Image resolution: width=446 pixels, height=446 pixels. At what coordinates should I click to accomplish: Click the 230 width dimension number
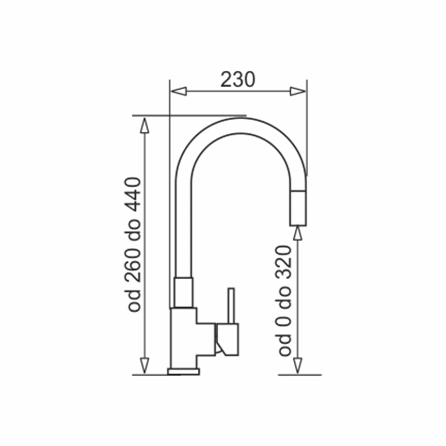(238, 80)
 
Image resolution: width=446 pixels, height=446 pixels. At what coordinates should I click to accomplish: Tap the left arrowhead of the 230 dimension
(178, 91)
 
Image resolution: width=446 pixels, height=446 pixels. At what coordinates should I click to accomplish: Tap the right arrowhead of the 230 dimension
(298, 91)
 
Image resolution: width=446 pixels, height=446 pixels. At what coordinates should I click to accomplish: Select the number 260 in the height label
(133, 263)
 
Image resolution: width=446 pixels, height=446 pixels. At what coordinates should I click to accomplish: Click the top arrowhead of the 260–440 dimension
(144, 125)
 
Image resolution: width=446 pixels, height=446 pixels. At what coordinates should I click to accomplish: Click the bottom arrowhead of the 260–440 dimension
(144, 366)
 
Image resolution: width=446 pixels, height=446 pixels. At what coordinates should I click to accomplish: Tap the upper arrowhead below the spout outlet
(298, 233)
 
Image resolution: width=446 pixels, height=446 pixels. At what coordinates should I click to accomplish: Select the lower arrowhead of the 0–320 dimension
(298, 366)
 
